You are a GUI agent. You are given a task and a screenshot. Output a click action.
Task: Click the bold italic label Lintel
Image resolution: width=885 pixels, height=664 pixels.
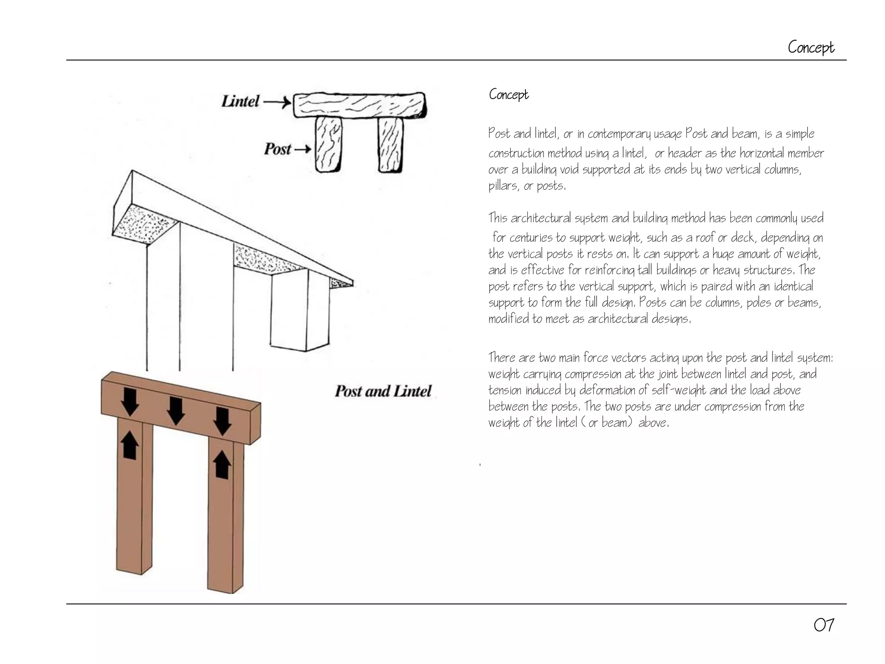[240, 102]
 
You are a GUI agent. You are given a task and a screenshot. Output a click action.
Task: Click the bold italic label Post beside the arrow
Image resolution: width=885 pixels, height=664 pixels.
[277, 149]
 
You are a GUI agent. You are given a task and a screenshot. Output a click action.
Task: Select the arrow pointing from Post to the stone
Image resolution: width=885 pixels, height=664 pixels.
[302, 150]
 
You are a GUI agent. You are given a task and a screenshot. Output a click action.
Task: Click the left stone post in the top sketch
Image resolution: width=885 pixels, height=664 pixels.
[328, 144]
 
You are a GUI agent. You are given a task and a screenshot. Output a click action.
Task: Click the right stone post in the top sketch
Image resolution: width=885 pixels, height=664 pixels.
[391, 145]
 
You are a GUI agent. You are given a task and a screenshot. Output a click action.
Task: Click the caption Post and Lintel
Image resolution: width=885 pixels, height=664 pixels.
[383, 391]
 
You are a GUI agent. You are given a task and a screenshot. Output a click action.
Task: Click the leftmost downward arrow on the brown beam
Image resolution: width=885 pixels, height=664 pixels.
[130, 402]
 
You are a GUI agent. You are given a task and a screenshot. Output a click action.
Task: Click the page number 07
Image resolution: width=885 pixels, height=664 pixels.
[824, 626]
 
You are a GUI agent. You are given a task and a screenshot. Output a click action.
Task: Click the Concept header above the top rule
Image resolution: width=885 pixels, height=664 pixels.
[811, 48]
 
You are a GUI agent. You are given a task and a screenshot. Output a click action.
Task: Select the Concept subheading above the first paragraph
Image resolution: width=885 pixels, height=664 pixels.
[508, 95]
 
